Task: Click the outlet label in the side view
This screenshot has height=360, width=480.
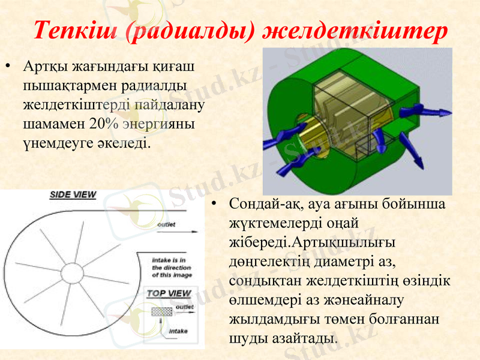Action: (x=166, y=224)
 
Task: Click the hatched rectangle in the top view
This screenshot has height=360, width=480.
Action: (x=161, y=312)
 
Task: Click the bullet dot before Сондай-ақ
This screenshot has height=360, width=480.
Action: (x=214, y=205)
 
